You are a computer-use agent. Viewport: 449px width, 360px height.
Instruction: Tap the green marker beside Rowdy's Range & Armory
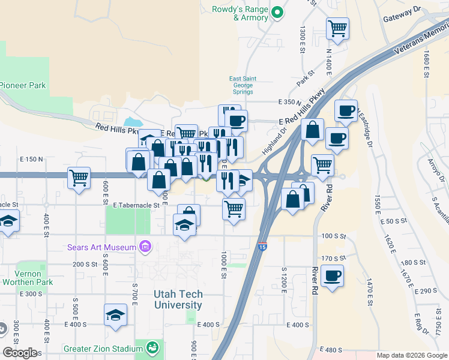click(x=277, y=12)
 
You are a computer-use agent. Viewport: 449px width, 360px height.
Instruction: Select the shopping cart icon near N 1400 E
click(x=338, y=28)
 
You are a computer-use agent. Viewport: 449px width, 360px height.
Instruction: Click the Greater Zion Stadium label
click(x=102, y=347)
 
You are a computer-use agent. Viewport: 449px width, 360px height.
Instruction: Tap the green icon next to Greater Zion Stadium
click(x=152, y=347)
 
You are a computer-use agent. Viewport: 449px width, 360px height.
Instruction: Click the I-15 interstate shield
click(x=262, y=247)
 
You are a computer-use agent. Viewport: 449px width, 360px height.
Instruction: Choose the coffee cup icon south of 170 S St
click(x=332, y=276)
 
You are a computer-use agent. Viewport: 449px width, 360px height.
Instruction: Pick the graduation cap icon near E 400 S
click(x=116, y=314)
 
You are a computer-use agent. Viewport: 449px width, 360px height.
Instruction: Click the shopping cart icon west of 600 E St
click(x=79, y=178)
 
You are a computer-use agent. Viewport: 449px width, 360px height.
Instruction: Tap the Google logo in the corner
click(x=19, y=353)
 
